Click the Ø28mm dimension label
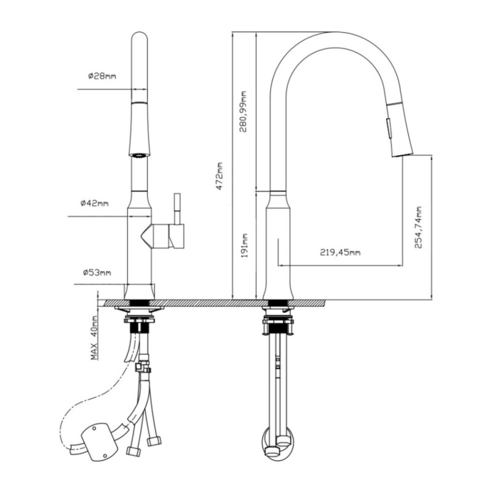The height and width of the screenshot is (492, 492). (x=102, y=76)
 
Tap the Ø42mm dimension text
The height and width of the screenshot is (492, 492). (x=95, y=204)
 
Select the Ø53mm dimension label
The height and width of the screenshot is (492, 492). (x=97, y=272)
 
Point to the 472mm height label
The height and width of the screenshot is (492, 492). (x=220, y=176)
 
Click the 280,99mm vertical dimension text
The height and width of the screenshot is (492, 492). (x=243, y=111)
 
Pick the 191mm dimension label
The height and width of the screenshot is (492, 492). (x=245, y=245)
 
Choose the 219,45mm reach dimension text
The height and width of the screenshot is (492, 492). (x=340, y=252)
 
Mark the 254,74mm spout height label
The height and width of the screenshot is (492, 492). (x=418, y=227)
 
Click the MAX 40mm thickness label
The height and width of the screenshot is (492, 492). (x=94, y=337)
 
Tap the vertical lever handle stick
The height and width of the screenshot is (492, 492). (x=177, y=208)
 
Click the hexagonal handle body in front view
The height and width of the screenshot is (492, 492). (x=162, y=236)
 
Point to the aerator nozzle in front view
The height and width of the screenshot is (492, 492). (x=138, y=156)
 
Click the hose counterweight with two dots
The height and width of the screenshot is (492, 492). (x=100, y=442)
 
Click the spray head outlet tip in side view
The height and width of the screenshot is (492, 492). (x=403, y=154)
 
